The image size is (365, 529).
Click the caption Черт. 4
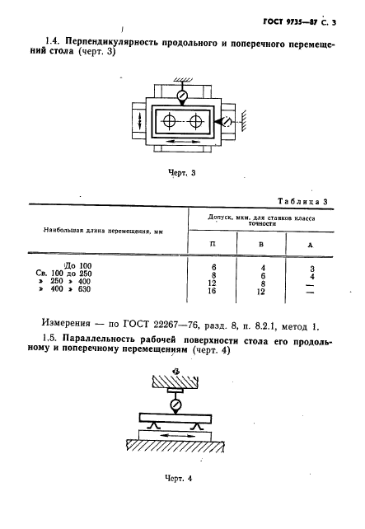pyautogui.click(x=178, y=502)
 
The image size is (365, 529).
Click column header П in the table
pyautogui.click(x=214, y=244)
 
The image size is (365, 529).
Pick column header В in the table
pyautogui.click(x=261, y=244)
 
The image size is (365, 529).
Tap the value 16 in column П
pyautogui.click(x=214, y=291)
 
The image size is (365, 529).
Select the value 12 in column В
pyautogui.click(x=261, y=291)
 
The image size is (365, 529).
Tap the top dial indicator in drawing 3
pyautogui.click(x=182, y=93)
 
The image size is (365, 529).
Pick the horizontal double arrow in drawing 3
pyautogui.click(x=181, y=142)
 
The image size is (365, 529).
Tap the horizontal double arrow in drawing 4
pyautogui.click(x=179, y=432)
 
